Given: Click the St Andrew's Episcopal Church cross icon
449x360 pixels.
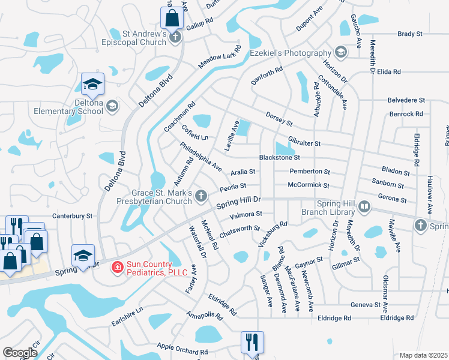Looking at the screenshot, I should [x=175, y=38].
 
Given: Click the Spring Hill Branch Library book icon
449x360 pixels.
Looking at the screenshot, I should [x=363, y=208].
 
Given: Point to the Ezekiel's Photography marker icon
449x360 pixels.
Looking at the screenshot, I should [x=341, y=53].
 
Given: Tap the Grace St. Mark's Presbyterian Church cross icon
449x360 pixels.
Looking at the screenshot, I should [x=201, y=196].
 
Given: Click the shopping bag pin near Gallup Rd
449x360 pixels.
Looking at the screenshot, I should [x=172, y=18].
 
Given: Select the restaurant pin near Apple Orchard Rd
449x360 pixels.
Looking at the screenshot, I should [x=252, y=342].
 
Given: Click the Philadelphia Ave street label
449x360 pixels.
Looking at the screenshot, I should [x=201, y=157].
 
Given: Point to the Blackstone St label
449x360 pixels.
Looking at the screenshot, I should [x=279, y=158].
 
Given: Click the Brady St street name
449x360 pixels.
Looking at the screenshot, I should [x=410, y=34].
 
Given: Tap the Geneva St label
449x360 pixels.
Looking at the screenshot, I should [x=363, y=305].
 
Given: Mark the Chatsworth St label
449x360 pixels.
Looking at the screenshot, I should [x=240, y=232].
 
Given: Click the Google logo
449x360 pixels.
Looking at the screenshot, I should [x=20, y=353].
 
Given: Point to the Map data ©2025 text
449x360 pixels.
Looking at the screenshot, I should [x=423, y=355].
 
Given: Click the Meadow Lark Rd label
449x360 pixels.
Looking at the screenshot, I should [x=220, y=58].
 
